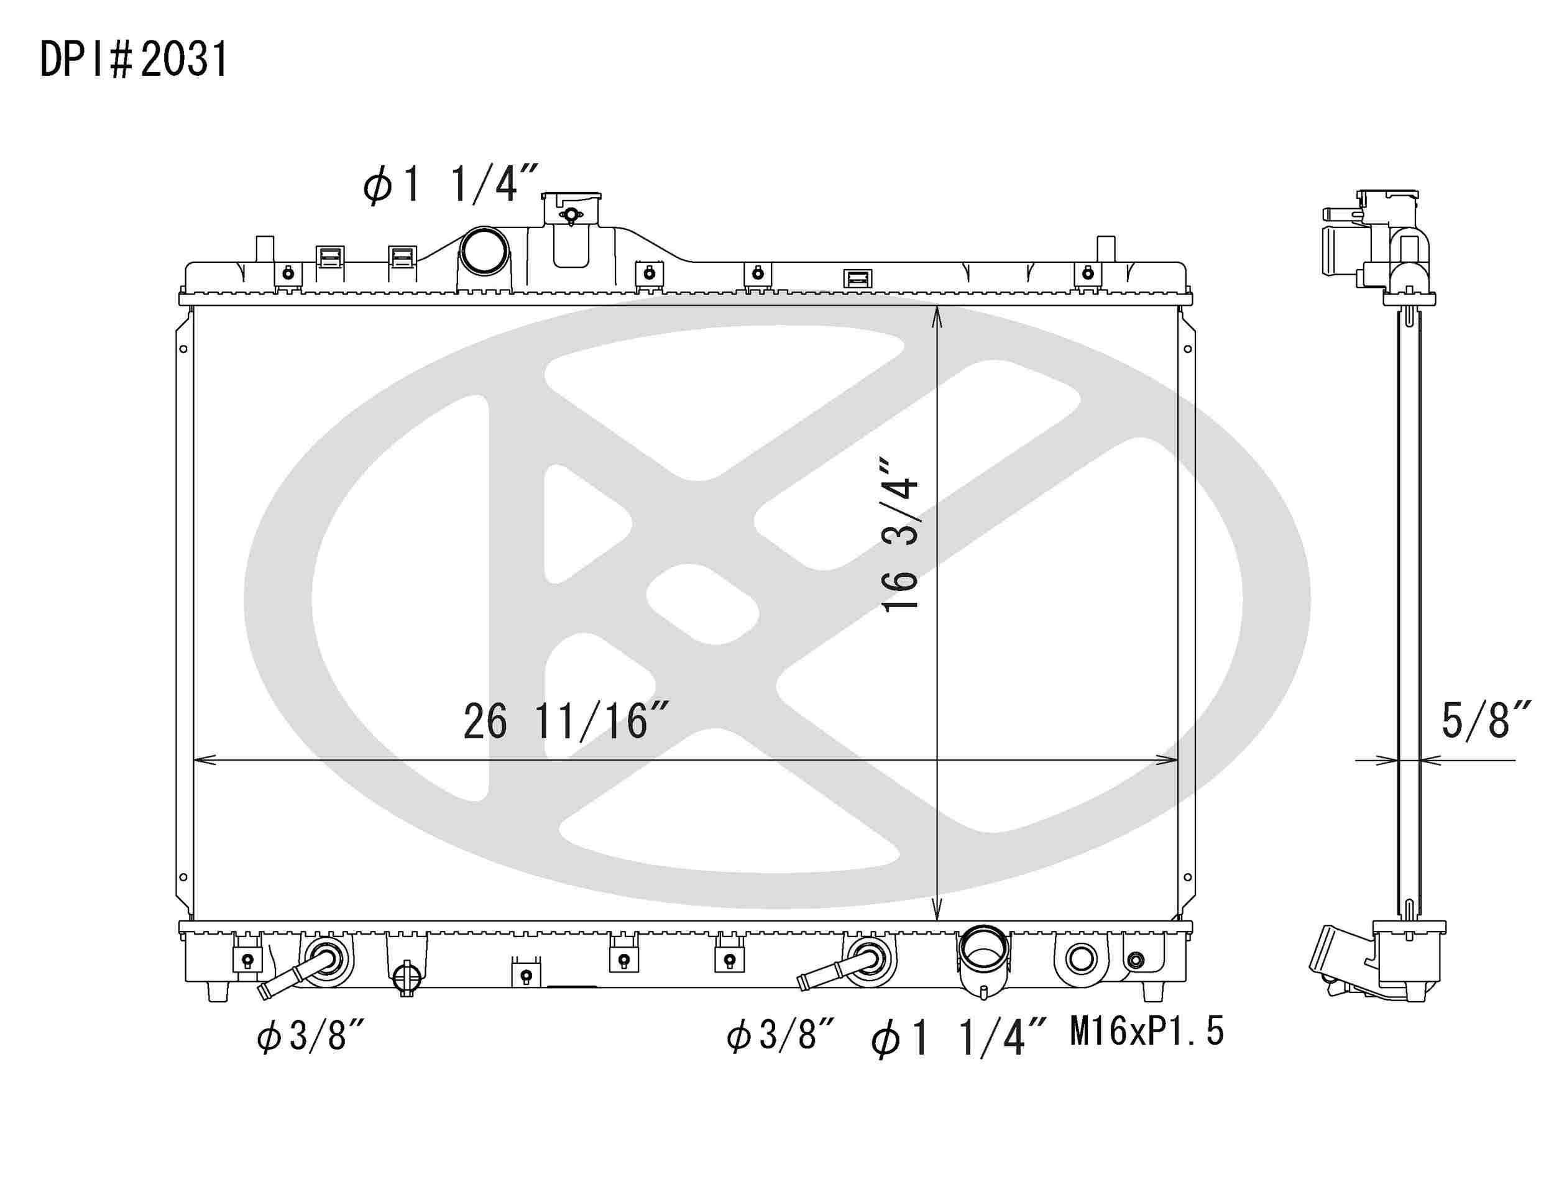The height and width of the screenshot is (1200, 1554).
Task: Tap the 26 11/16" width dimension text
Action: tap(566, 721)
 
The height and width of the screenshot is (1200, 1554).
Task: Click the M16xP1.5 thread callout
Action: tap(1146, 1031)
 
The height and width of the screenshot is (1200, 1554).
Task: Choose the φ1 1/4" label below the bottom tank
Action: tap(959, 1037)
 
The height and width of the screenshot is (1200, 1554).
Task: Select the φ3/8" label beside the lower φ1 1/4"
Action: tap(780, 1034)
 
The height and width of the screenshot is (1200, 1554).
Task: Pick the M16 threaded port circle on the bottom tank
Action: tap(1081, 960)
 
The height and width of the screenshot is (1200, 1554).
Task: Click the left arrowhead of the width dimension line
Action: tap(201, 759)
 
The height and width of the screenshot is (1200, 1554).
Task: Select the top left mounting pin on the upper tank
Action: tap(264, 249)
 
